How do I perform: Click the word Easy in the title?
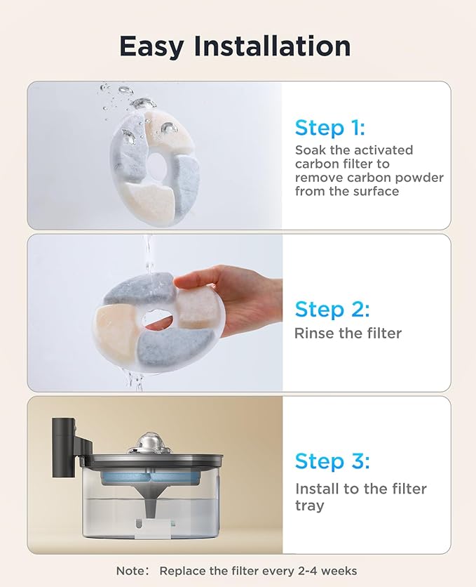(154, 46)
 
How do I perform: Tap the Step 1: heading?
(329, 128)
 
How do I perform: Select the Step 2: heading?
(332, 309)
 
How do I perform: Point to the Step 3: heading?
(332, 461)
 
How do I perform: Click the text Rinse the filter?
(348, 333)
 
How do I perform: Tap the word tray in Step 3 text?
(309, 506)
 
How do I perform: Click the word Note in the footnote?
(132, 571)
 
